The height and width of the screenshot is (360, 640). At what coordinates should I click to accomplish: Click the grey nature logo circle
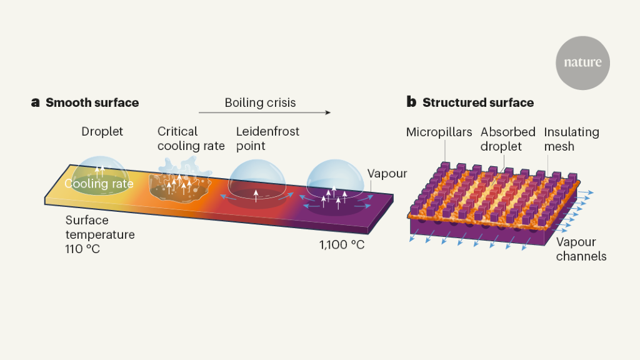(582, 62)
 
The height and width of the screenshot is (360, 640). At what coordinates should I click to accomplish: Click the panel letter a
(36, 102)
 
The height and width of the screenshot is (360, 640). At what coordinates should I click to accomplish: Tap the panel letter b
(411, 102)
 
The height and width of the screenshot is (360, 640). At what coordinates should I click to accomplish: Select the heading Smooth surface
(92, 102)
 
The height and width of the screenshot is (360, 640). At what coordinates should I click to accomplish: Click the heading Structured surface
(478, 102)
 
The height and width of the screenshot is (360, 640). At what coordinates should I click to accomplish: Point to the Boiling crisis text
(260, 102)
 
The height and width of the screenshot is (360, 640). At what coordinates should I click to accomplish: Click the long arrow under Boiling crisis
(264, 113)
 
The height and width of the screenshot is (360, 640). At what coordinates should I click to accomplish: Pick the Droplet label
(102, 131)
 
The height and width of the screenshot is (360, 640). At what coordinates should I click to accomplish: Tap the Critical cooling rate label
(191, 139)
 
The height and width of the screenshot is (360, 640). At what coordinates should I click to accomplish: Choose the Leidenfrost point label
(267, 139)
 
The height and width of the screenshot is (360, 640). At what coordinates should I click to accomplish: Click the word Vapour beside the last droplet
(387, 174)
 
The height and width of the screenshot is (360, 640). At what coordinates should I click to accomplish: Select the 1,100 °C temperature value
(341, 244)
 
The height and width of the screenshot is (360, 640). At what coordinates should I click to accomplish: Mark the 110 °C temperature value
(82, 249)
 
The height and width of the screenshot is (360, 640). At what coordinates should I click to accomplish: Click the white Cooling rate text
(99, 184)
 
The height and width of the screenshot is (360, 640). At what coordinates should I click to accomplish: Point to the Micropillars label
(439, 132)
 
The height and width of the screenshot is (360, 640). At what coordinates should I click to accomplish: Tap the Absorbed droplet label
(507, 139)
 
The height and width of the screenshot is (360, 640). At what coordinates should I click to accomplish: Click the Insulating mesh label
(571, 139)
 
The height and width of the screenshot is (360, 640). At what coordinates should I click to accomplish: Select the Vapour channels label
(581, 249)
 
